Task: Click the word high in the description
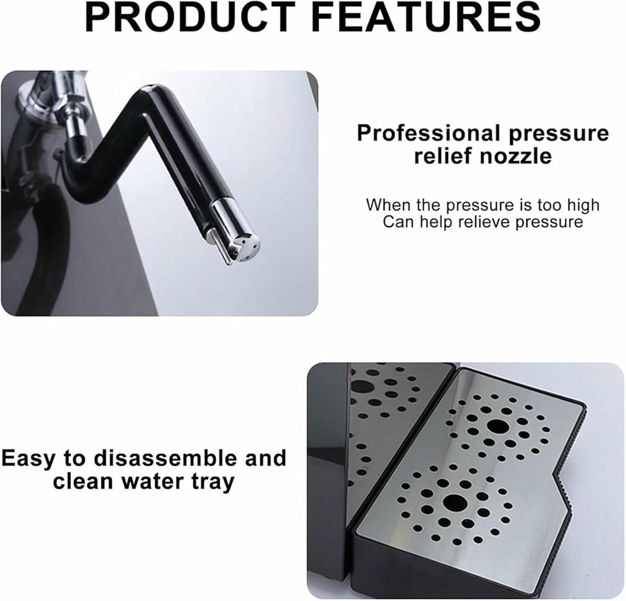coord(581,205)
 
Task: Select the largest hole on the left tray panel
coord(363,386)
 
